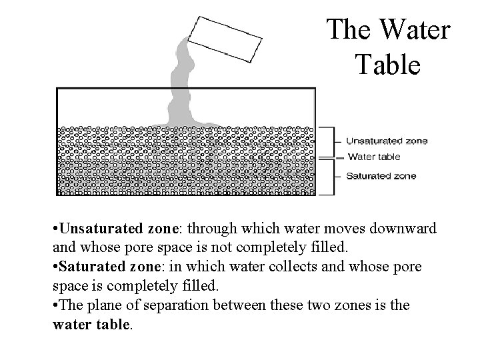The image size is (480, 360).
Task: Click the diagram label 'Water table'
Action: [x=374, y=157]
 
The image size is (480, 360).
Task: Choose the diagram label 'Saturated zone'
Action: [x=381, y=176]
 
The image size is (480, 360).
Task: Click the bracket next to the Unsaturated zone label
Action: [x=329, y=141]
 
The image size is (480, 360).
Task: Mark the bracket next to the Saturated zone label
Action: [x=329, y=177]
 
